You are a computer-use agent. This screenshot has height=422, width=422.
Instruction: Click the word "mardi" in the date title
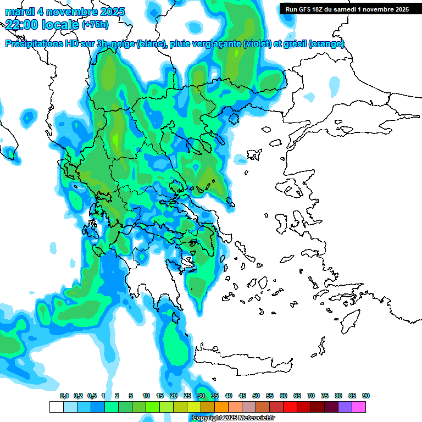[19, 12]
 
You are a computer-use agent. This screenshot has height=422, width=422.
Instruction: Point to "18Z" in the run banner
[320, 9]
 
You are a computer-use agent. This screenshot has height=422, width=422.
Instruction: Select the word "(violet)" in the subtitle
[258, 44]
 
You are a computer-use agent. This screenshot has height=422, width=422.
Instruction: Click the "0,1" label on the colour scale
[64, 396]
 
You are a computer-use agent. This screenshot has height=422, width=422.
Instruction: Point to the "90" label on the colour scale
[366, 396]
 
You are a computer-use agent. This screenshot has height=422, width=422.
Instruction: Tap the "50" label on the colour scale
[256, 396]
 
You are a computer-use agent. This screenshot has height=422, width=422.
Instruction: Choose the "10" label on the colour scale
[146, 396]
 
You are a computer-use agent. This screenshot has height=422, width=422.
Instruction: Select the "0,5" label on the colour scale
[91, 396]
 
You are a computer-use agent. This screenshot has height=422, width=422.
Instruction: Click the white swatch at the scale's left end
[56, 407]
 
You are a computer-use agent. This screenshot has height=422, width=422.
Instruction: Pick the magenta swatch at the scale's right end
[359, 407]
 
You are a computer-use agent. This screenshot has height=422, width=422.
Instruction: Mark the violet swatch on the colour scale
[345, 407]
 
